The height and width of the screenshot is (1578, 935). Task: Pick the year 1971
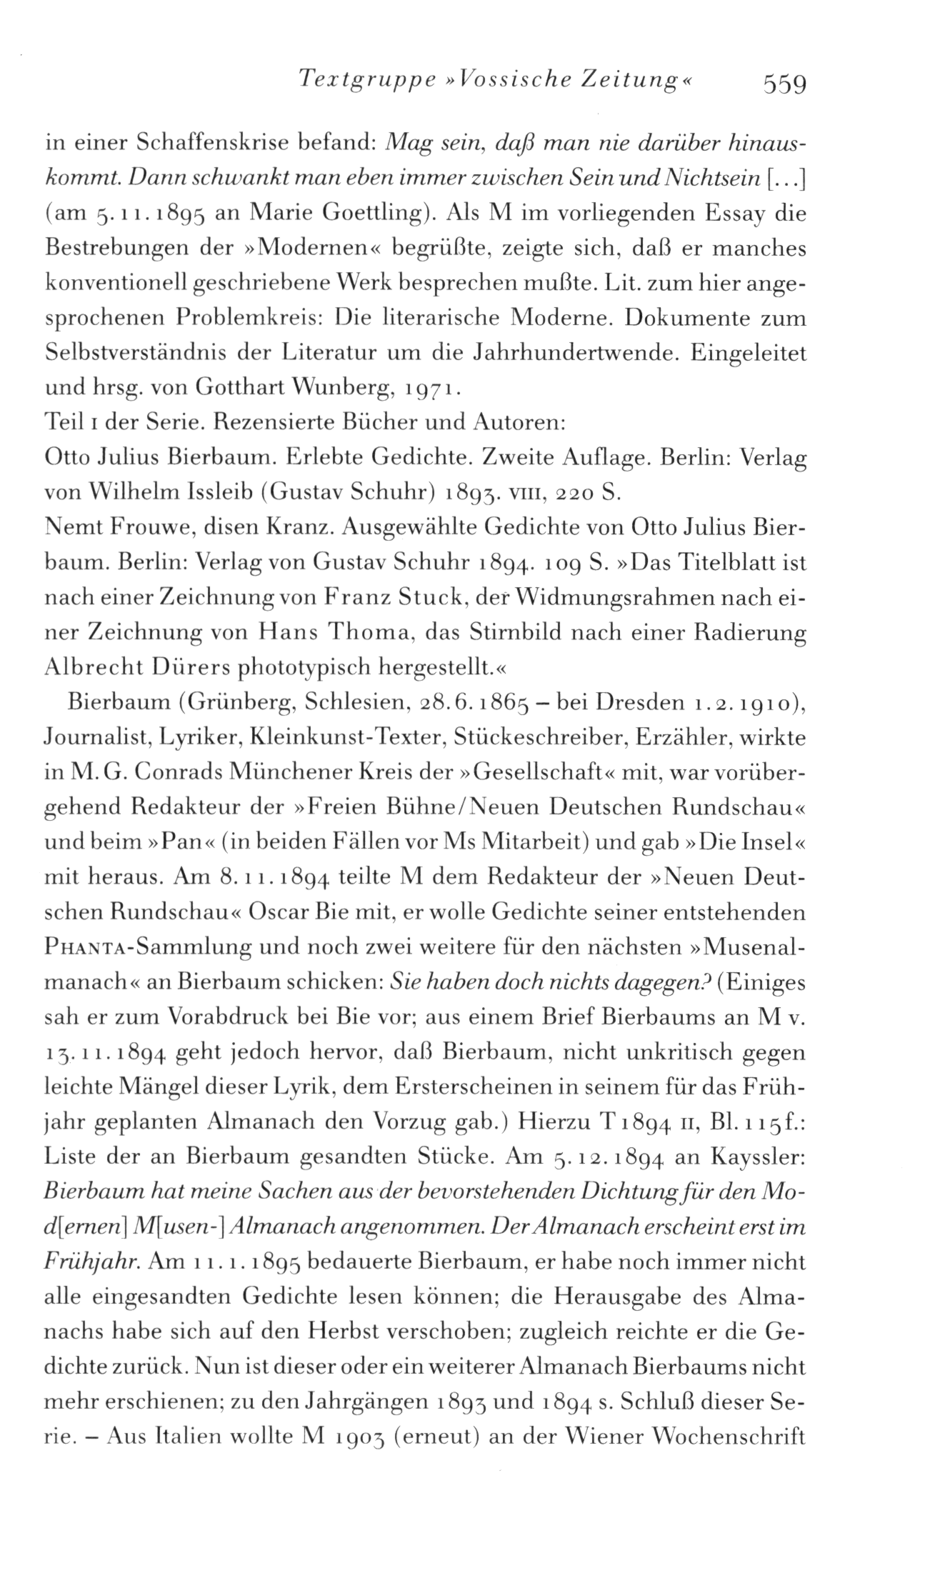tap(436, 389)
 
